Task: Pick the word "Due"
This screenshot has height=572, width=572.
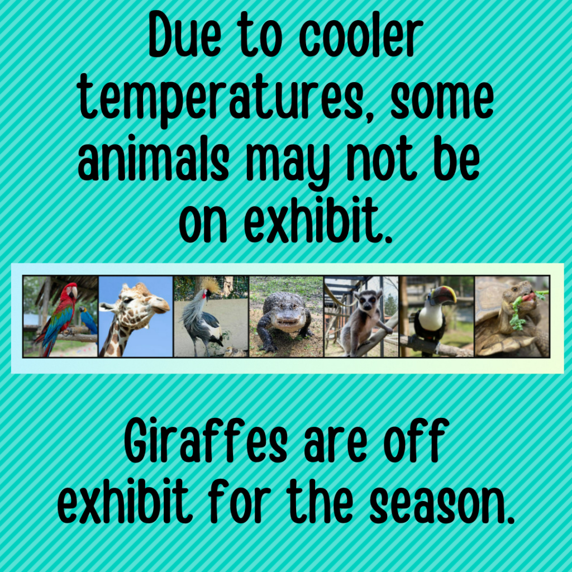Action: click(x=184, y=35)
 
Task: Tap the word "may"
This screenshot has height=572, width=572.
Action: click(x=288, y=165)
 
